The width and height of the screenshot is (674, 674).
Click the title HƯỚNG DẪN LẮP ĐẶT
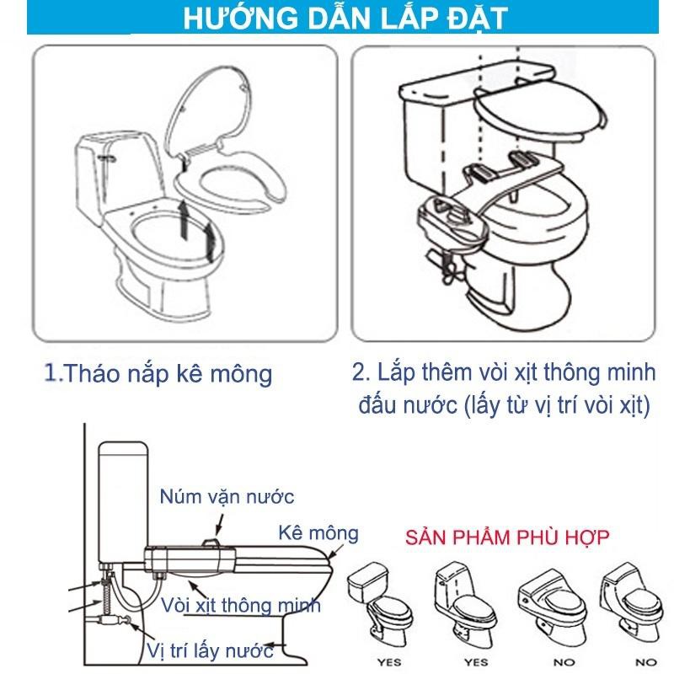[345, 17]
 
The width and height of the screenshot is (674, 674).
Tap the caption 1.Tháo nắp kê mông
[158, 372]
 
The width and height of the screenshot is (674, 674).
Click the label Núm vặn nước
[227, 497]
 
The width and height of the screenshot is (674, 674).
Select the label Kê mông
[318, 533]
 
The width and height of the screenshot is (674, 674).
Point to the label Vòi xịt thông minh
[241, 605]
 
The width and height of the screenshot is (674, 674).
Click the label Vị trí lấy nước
[210, 650]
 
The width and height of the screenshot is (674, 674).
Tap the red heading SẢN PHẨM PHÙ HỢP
[507, 538]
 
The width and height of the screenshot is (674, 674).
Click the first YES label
[389, 662]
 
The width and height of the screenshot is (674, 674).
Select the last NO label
[646, 662]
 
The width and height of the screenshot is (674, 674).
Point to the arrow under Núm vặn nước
[220, 525]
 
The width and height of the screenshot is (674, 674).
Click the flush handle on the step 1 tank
[107, 158]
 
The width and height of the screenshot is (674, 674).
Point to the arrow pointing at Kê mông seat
[335, 551]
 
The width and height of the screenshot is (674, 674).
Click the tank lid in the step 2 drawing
[476, 84]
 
